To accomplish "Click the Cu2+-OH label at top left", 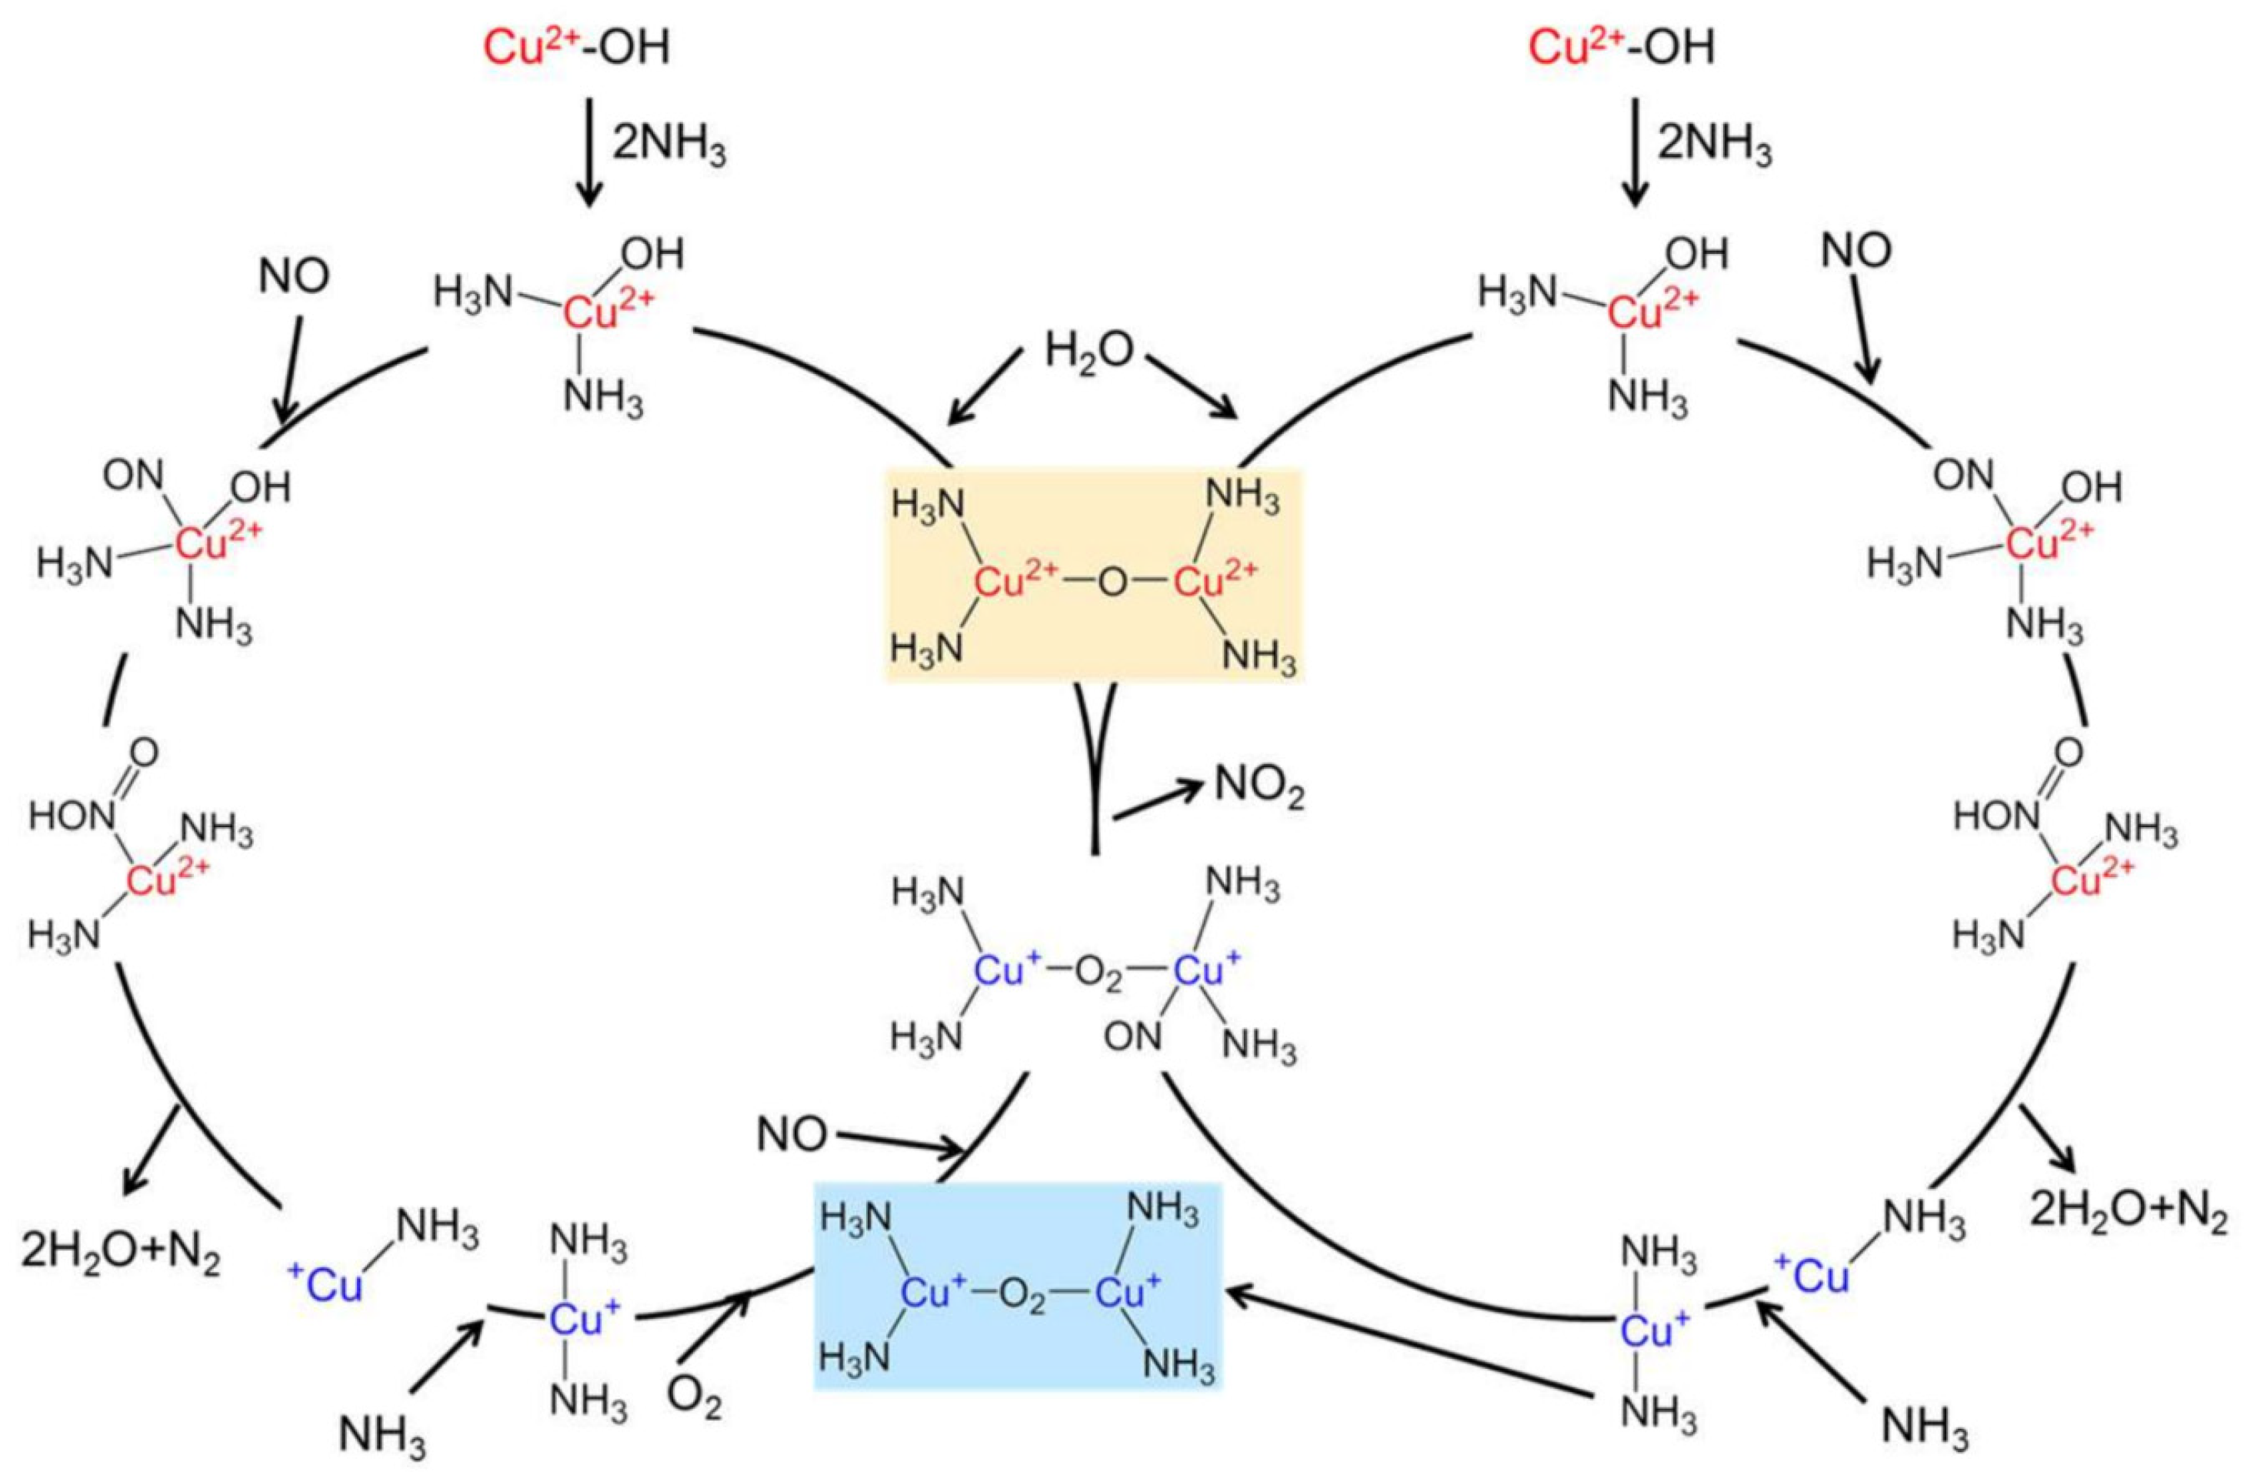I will coord(577,47).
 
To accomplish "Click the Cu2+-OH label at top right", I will coord(1621,47).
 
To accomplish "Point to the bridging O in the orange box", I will coord(1113,583).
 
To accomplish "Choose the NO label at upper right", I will coord(1856,250).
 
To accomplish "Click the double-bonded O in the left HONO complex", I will coord(145,753).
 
